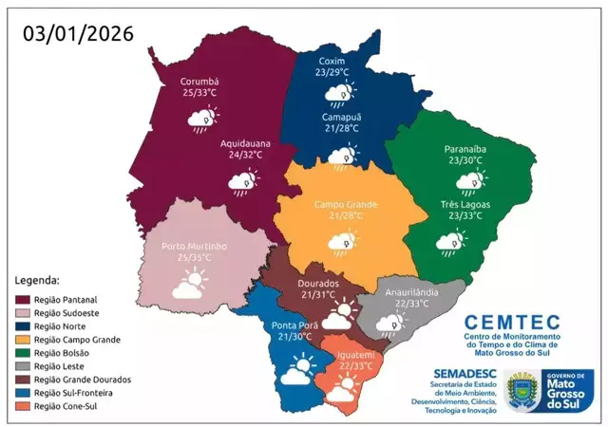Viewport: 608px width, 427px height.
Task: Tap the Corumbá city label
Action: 199,82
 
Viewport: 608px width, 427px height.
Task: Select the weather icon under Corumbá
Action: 202,118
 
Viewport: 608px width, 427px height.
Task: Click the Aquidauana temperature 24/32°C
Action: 245,154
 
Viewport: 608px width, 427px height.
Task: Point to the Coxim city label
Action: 332,60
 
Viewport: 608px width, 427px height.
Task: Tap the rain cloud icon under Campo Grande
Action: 339,241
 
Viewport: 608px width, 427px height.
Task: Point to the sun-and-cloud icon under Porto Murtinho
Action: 188,284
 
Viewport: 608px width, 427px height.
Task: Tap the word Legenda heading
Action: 37,280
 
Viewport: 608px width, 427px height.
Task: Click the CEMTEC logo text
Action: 512,323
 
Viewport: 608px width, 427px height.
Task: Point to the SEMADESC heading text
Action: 466,374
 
